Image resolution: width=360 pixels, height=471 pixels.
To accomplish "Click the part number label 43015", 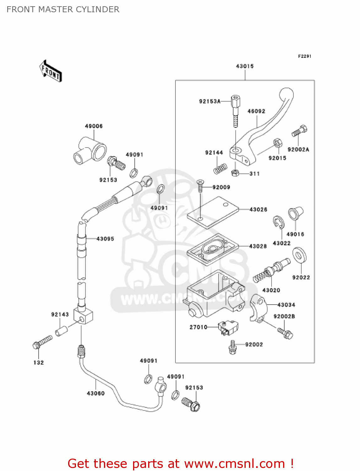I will [x=244, y=66].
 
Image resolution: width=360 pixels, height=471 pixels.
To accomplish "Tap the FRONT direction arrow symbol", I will [x=51, y=71].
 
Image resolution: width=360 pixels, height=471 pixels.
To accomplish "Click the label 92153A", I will [x=210, y=101].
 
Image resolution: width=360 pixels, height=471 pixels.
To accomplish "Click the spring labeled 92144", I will [x=220, y=169].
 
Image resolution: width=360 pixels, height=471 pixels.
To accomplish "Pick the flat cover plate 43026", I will [x=213, y=212].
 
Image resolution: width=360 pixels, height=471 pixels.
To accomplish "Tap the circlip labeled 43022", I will [x=278, y=222].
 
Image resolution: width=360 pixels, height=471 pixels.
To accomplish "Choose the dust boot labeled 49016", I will [x=295, y=214].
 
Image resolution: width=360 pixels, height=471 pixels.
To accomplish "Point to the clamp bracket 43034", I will [x=258, y=308].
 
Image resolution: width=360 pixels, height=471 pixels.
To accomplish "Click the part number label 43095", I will [x=105, y=239].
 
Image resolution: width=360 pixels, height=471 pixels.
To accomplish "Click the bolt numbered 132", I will [x=42, y=342].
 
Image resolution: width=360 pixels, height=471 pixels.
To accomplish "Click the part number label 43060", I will [x=95, y=393].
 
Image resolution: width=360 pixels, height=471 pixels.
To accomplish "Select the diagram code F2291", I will [x=304, y=56].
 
